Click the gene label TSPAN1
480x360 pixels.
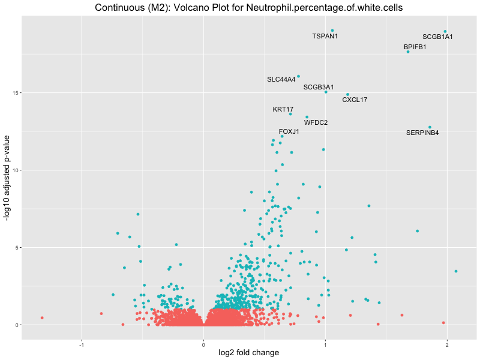pyautogui.click(x=325, y=36)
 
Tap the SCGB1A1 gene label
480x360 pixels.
pyautogui.click(x=437, y=37)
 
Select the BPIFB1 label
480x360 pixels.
pyautogui.click(x=415, y=47)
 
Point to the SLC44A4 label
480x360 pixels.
pyautogui.click(x=281, y=79)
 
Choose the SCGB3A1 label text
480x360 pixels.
pyautogui.click(x=319, y=87)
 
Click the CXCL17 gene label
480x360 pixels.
pyautogui.click(x=355, y=100)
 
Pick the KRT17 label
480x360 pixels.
pyautogui.click(x=283, y=109)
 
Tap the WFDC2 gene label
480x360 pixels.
pyautogui.click(x=316, y=122)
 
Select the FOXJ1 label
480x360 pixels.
pyautogui.click(x=289, y=131)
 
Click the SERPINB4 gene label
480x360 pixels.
pyautogui.click(x=422, y=132)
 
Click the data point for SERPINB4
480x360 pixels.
pyautogui.click(x=430, y=127)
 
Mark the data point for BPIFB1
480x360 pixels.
pyautogui.click(x=408, y=52)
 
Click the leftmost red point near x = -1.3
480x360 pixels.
pyautogui.click(x=42, y=317)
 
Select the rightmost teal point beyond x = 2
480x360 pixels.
pyautogui.click(x=456, y=271)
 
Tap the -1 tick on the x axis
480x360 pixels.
pyautogui.click(x=81, y=344)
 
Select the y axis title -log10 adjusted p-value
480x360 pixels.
pyautogui.click(x=7, y=178)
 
